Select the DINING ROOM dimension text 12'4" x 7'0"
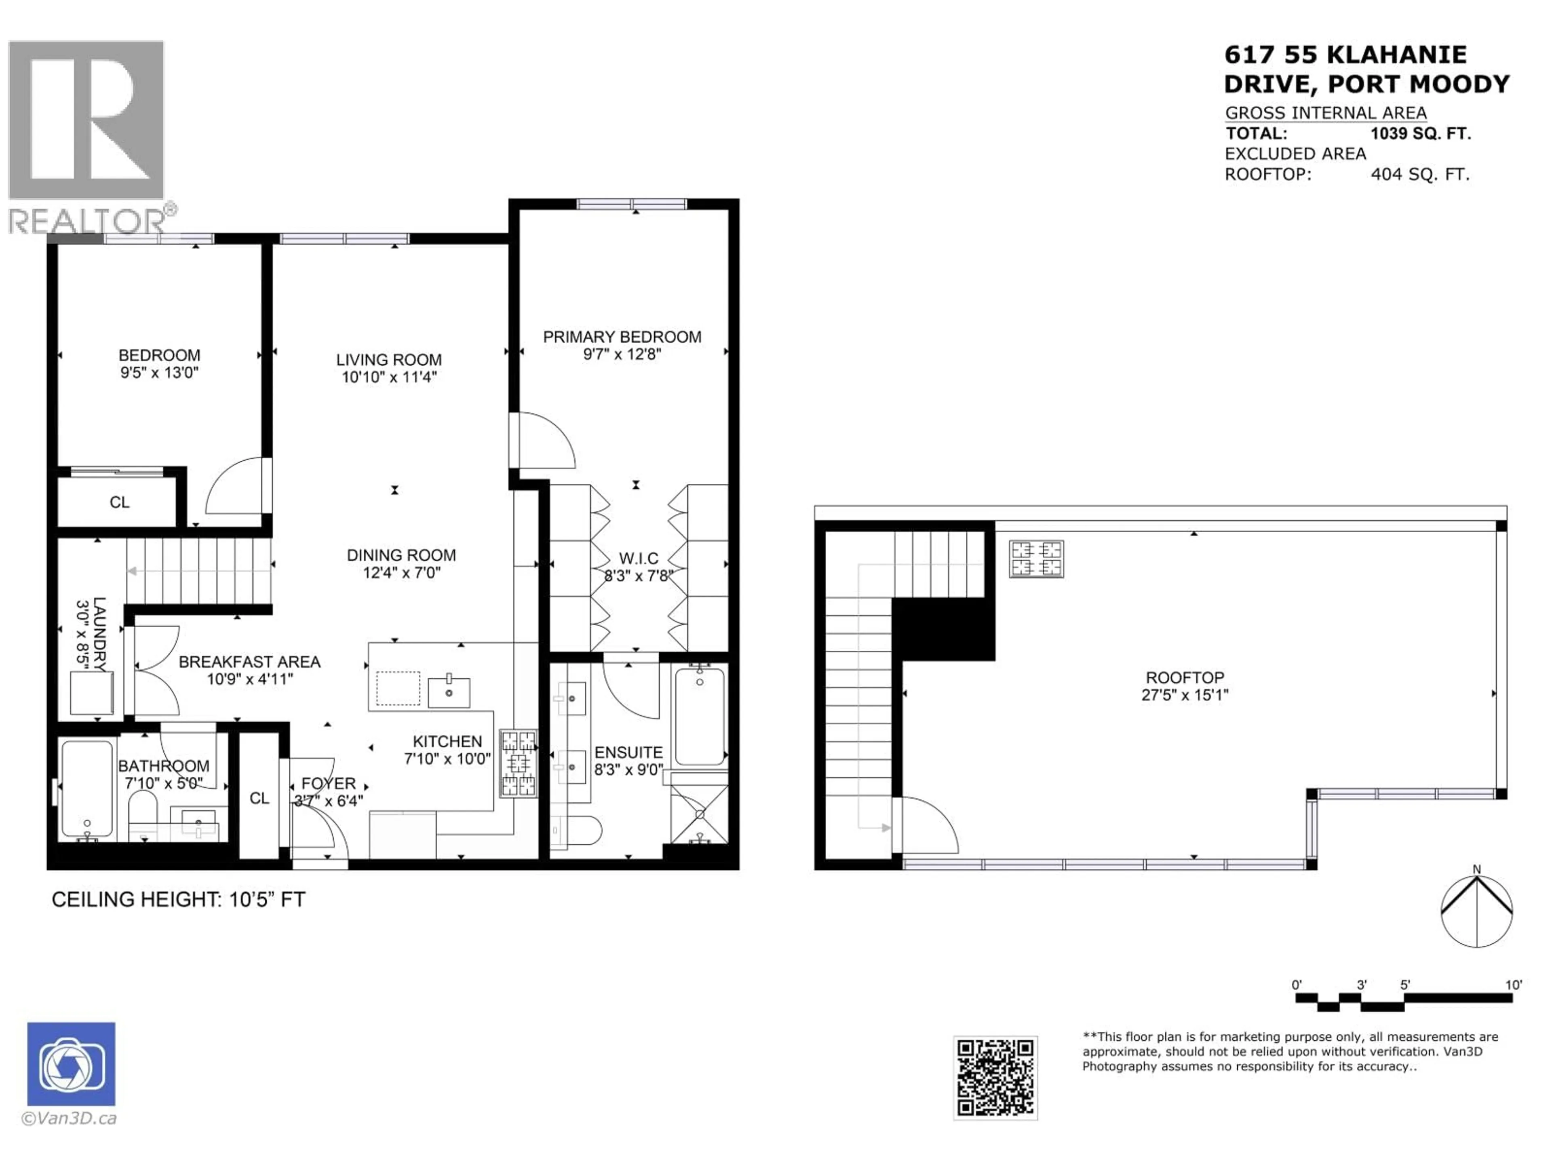(x=401, y=573)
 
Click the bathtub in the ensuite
(x=700, y=716)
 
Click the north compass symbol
(x=1476, y=911)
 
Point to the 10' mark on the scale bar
(x=1514, y=985)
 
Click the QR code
(x=995, y=1078)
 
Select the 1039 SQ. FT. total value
(x=1421, y=133)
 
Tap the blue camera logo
(x=71, y=1064)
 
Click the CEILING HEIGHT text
(x=178, y=900)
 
